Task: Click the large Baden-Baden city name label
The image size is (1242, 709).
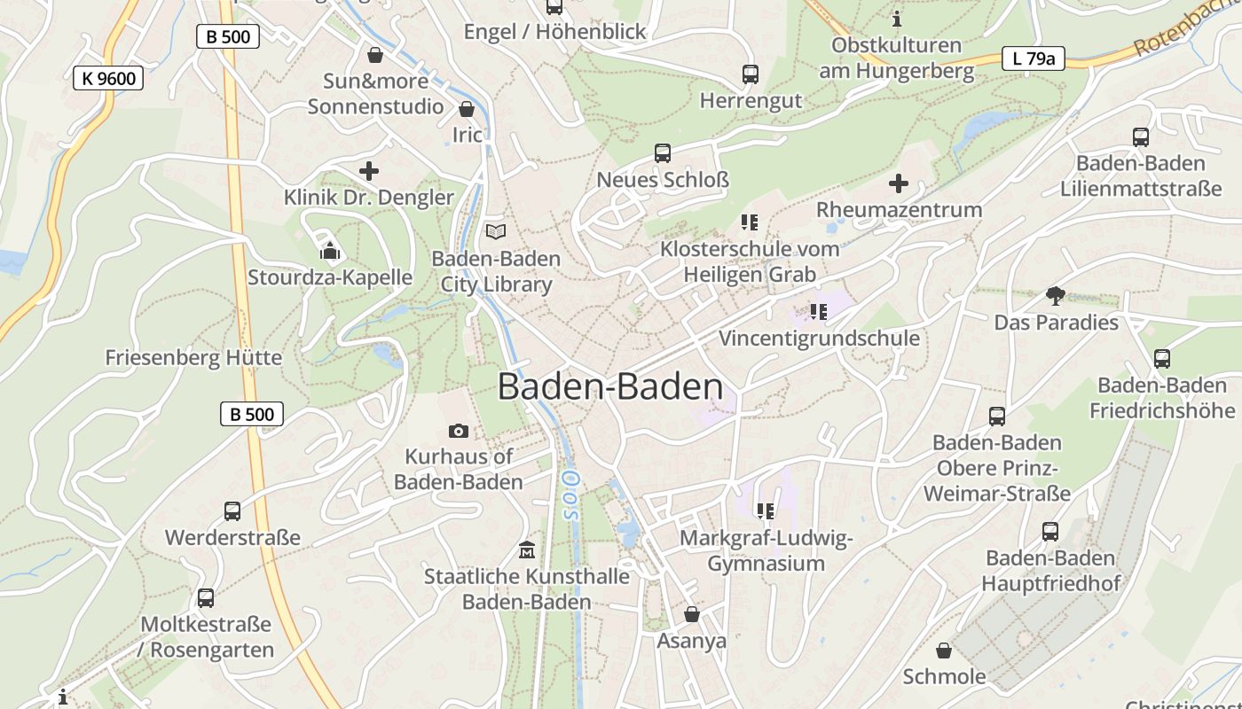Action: tap(610, 387)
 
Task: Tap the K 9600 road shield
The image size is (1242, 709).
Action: tap(108, 78)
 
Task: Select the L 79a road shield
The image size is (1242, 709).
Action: tap(1033, 58)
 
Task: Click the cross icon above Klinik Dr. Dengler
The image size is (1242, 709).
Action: tap(369, 171)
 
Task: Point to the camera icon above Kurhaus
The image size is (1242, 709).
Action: tap(459, 431)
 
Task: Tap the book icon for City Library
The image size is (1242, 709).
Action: tap(496, 232)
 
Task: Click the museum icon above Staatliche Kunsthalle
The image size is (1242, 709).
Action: tap(527, 549)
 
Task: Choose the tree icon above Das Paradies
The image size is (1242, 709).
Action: tap(1055, 296)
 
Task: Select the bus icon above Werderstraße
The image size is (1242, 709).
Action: tap(232, 511)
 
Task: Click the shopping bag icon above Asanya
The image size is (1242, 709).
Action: tap(692, 614)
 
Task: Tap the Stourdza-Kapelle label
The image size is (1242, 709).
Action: tap(330, 277)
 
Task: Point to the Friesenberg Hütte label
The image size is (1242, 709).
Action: tap(193, 358)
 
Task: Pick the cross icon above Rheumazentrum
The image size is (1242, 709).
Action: tap(899, 183)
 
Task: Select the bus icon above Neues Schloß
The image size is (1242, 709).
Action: tap(663, 153)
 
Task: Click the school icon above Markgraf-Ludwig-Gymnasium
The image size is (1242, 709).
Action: tap(765, 510)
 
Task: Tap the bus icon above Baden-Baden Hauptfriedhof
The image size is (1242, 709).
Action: tap(1050, 532)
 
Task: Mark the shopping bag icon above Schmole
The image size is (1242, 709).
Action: tap(944, 651)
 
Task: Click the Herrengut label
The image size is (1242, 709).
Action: tap(751, 101)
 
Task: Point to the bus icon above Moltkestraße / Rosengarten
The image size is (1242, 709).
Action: tap(206, 598)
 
